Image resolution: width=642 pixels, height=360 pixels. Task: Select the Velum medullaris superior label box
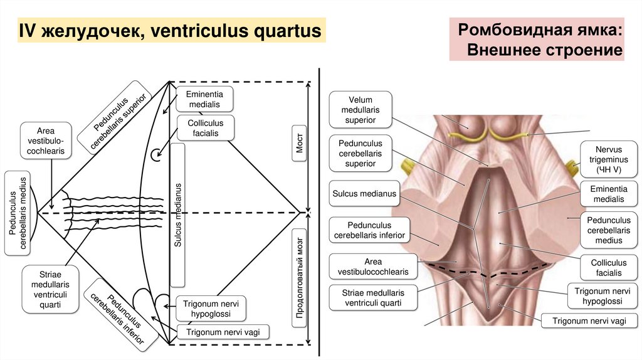360,110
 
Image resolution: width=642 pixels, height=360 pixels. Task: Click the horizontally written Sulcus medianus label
364,194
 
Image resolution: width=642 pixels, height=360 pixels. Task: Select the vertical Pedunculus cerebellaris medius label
18,213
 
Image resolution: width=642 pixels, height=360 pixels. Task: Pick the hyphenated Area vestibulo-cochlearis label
46,142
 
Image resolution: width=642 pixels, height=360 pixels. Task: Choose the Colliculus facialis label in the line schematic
206,127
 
